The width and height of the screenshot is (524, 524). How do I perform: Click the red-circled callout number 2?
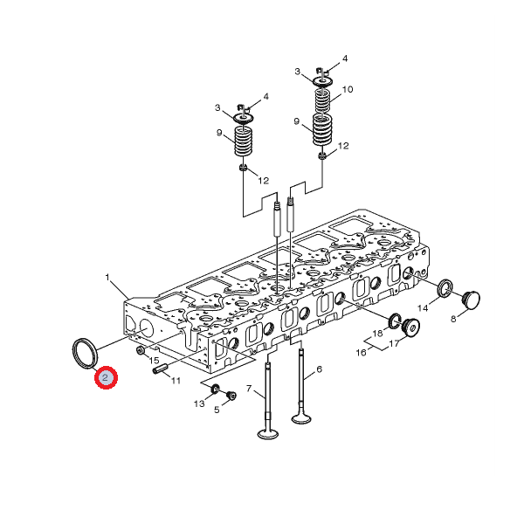pos(106,377)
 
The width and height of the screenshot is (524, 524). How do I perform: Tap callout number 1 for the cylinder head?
pos(107,278)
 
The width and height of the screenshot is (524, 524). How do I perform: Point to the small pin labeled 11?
pos(160,370)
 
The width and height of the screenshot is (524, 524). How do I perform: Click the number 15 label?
pos(154,360)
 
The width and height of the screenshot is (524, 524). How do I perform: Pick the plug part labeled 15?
pos(141,350)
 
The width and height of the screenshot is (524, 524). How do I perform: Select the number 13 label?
pos(199,403)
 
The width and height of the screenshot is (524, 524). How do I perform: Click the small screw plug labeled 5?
pos(231,396)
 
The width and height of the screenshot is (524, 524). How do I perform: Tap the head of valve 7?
pos(268,434)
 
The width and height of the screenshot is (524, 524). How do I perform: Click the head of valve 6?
pos(301,418)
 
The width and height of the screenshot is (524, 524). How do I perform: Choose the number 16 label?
pos(361,353)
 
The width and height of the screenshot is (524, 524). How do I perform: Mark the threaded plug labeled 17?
pos(410,327)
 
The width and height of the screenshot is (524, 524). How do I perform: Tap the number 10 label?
pos(348,89)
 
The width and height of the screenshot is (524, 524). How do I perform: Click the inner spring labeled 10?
pos(322,100)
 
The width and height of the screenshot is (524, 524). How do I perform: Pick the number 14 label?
pos(423,307)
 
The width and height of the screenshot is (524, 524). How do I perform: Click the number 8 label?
pos(453,319)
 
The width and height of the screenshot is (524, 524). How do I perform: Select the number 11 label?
pos(176,380)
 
